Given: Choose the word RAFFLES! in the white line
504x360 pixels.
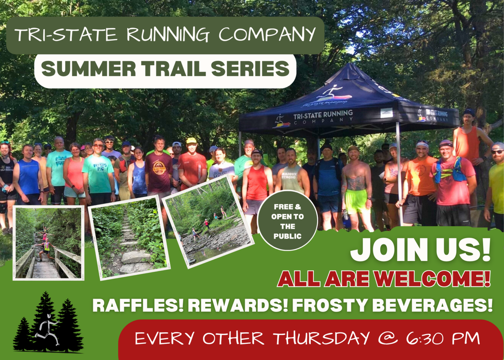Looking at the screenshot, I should [x=138, y=306].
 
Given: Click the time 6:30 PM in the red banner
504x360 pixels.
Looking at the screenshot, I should [x=443, y=338].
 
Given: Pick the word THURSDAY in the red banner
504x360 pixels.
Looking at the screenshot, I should [x=322, y=338].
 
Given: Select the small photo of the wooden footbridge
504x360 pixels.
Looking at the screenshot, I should [x=48, y=243].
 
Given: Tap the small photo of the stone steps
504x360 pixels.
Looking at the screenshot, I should [x=129, y=238].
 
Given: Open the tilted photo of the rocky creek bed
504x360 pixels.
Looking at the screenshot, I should [x=208, y=222].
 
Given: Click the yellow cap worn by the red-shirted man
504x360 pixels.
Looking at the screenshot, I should [x=191, y=141].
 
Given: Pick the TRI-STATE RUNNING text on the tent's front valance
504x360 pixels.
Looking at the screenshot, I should [x=323, y=115].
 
